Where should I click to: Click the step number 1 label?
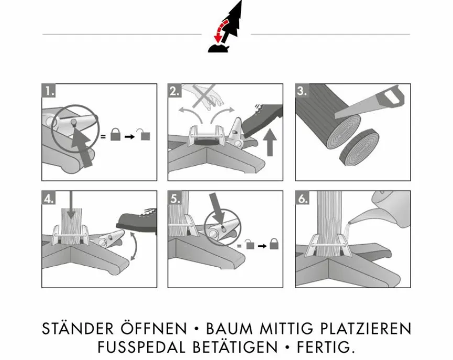[x=49, y=91]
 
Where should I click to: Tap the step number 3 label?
[x=302, y=91]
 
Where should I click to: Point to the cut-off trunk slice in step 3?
[x=359, y=147]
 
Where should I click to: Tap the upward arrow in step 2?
[x=270, y=142]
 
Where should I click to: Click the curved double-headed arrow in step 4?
[x=134, y=247]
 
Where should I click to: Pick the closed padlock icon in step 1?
[x=115, y=135]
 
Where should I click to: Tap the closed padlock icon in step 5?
[x=274, y=244]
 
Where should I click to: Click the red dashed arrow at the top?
[x=220, y=29]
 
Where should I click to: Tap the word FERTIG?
[x=325, y=347]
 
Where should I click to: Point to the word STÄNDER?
[x=78, y=328]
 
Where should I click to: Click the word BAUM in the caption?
[x=230, y=329]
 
